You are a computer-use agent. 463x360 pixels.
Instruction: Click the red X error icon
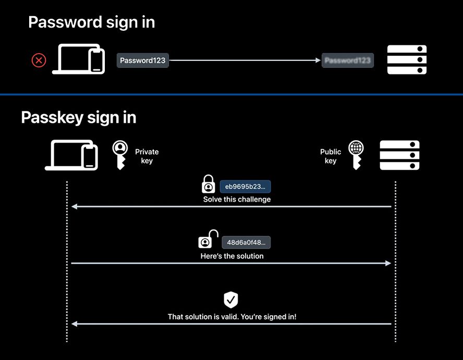39,60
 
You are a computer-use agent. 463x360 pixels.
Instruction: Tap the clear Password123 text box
142,60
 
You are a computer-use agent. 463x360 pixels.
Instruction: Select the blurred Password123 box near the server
348,60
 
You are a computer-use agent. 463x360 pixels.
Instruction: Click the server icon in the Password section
407,60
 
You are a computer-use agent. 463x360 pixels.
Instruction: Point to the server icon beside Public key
399,156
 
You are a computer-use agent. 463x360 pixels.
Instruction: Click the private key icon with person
120,154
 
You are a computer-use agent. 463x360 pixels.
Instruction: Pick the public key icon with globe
356,155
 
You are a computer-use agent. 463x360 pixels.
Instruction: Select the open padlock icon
208,240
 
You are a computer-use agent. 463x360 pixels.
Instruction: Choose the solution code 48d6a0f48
246,242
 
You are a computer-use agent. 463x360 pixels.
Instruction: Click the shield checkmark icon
231,300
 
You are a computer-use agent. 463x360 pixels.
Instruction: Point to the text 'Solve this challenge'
237,200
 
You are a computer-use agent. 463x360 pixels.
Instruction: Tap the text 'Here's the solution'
232,256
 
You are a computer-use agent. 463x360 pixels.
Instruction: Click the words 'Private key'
147,156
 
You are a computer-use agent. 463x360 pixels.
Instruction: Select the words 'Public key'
331,156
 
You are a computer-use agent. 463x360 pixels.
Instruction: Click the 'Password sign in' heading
91,22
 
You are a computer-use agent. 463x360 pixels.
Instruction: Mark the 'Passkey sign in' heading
79,117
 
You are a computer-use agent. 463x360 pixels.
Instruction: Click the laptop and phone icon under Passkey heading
72,156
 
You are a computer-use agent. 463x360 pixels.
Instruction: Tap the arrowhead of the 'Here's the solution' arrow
388,264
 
